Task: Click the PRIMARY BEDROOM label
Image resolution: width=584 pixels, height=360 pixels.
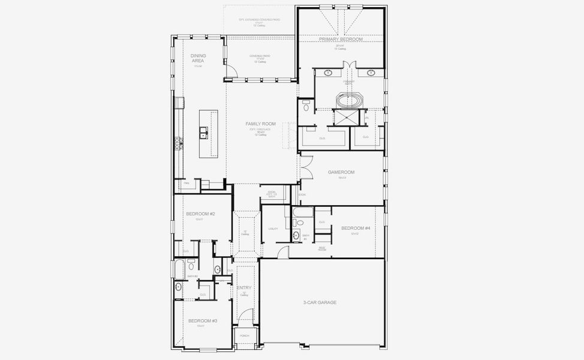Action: click(341, 39)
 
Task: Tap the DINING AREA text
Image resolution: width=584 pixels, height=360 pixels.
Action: click(198, 58)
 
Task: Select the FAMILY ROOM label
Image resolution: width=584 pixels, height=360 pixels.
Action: click(260, 124)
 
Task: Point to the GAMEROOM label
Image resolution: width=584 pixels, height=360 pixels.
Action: click(341, 172)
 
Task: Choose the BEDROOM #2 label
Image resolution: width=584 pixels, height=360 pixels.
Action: click(200, 214)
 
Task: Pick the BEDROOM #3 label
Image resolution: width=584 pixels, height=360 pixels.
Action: click(203, 321)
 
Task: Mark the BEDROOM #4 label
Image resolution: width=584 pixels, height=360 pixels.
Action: click(356, 228)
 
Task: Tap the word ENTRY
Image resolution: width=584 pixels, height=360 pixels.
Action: click(244, 288)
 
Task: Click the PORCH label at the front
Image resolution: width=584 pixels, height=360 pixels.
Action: click(244, 336)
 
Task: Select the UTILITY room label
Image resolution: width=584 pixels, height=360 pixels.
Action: click(273, 229)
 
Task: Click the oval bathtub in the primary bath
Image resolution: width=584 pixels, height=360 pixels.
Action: click(348, 100)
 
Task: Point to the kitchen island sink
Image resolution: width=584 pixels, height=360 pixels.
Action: click(204, 132)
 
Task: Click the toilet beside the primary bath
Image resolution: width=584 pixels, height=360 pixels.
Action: click(306, 108)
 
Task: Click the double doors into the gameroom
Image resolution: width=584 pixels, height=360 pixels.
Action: click(305, 167)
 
